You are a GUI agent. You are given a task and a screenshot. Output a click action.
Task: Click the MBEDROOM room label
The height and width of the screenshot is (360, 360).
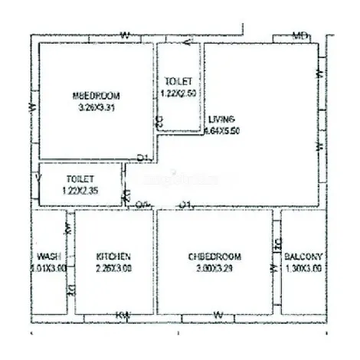[x=96, y=96]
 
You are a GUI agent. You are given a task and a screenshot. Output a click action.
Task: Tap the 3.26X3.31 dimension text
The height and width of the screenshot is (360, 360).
[x=96, y=108]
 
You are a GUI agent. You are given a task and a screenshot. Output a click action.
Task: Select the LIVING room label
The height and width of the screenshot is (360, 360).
[x=222, y=119]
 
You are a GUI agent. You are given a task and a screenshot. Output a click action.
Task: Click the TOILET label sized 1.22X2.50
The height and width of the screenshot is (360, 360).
[x=178, y=81]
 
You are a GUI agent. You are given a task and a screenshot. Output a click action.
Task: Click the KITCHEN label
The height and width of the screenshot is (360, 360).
[x=113, y=256]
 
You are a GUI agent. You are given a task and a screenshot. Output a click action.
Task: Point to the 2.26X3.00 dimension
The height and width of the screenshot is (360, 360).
[x=113, y=268]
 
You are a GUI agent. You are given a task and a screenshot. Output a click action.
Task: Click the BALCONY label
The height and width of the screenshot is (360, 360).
[x=303, y=256]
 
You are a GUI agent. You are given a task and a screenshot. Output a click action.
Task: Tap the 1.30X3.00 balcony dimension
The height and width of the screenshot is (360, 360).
[x=303, y=268]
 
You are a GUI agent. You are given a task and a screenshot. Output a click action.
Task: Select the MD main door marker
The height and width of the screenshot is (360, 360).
[x=301, y=36]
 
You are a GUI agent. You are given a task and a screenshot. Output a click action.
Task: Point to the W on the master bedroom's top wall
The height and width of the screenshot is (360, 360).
[x=125, y=35]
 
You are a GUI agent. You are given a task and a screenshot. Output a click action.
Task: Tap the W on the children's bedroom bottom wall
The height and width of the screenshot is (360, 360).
[x=218, y=315]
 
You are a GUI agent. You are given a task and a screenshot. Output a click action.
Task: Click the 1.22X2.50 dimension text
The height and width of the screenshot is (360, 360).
[x=178, y=93]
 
